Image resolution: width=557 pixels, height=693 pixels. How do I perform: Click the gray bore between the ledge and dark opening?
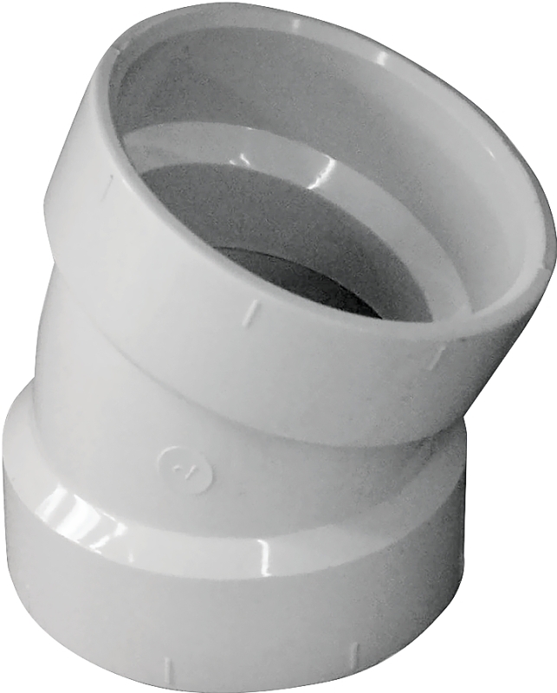tap(199, 208)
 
